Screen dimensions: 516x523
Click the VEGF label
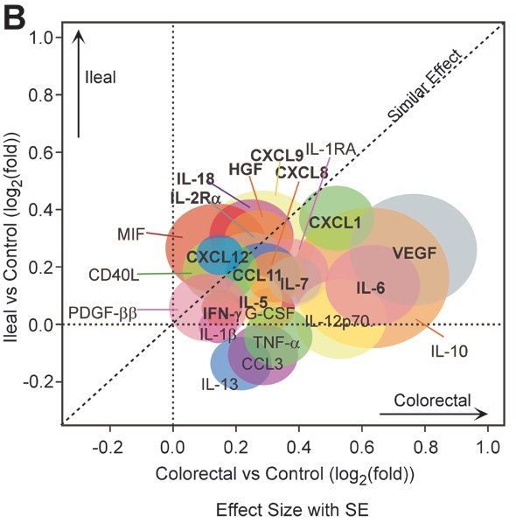(x=415, y=253)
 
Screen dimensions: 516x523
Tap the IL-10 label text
(x=450, y=352)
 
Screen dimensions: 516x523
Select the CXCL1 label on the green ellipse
(x=335, y=222)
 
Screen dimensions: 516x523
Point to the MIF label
(x=131, y=234)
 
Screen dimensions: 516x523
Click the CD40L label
(x=114, y=275)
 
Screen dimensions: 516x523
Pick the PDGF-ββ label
(x=102, y=313)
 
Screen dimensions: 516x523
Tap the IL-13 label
(x=220, y=384)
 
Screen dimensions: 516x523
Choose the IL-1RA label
(x=330, y=150)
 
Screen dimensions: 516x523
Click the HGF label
(x=246, y=170)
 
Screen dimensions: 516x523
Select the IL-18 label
(x=195, y=179)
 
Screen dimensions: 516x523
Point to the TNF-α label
(x=277, y=343)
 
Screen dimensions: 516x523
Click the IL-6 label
(x=371, y=288)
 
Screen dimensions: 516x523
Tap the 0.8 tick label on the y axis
(x=40, y=95)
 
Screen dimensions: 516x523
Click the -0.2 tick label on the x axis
(x=108, y=447)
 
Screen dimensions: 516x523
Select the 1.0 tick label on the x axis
(x=488, y=447)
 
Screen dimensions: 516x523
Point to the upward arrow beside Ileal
(x=79, y=83)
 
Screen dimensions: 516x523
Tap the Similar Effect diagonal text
(x=425, y=85)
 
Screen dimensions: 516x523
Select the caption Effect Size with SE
(x=292, y=510)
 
